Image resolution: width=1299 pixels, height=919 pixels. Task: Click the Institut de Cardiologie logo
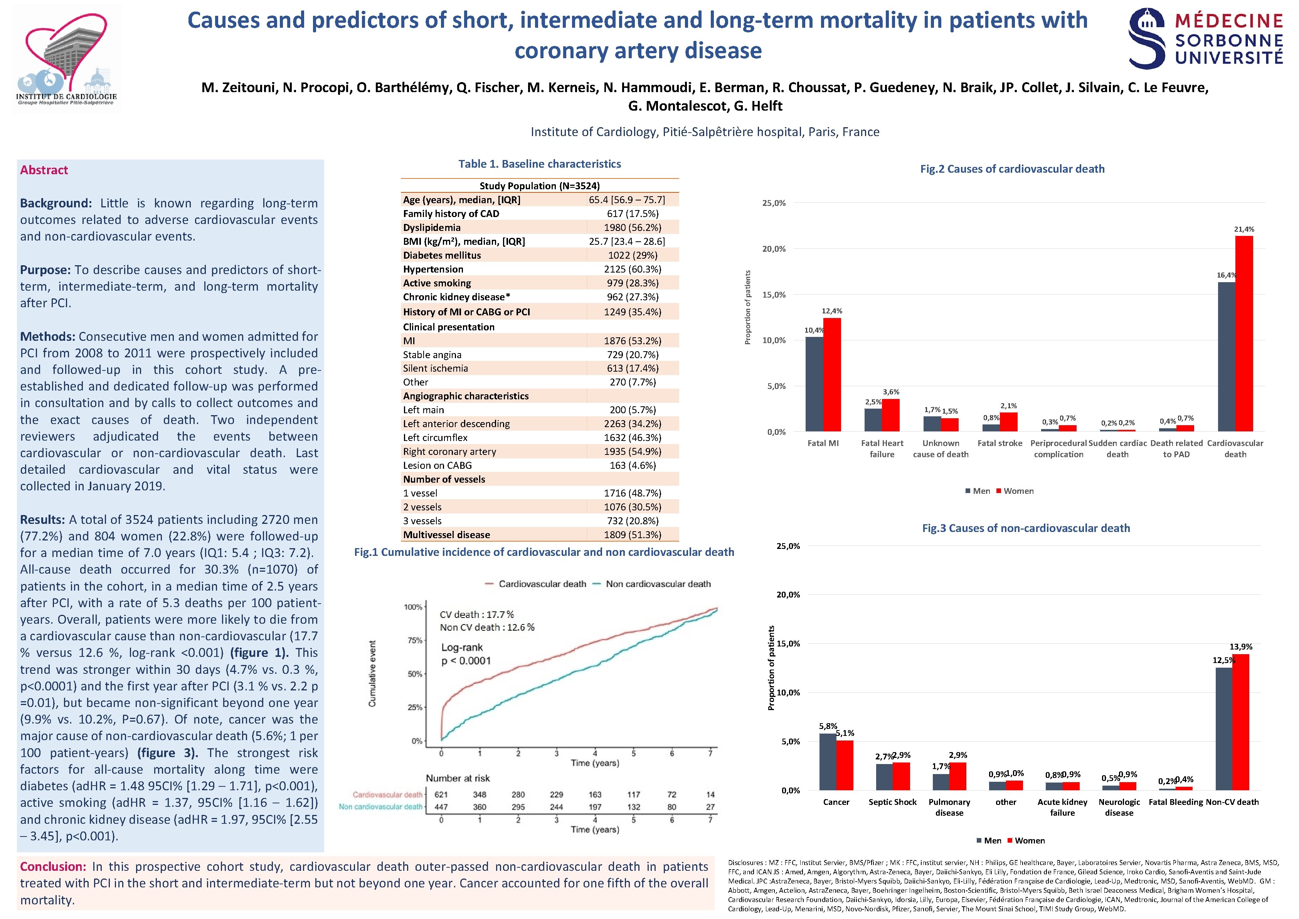[x=67, y=59]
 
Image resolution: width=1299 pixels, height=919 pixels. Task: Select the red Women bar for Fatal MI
[x=832, y=375]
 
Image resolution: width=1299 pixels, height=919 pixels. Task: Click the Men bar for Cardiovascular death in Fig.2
[x=1227, y=357]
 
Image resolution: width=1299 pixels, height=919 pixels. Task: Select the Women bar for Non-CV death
[x=1241, y=722]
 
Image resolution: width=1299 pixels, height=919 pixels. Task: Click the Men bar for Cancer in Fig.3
[x=828, y=762]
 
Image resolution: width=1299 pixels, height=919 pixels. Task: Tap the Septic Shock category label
[x=892, y=802]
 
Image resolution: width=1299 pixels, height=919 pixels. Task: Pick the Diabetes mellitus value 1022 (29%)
[x=633, y=255]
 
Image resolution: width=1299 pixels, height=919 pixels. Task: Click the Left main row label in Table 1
[x=423, y=410]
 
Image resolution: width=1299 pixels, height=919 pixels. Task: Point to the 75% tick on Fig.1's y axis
[x=414, y=640]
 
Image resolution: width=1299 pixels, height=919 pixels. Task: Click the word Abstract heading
[x=44, y=170]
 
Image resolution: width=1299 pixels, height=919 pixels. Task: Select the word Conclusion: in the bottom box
[x=53, y=866]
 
